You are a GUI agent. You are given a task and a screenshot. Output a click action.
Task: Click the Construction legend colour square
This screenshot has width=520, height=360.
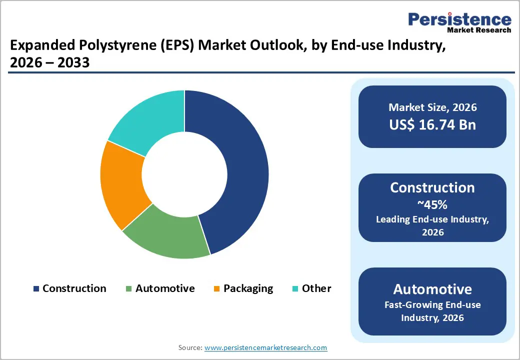click(x=36, y=289)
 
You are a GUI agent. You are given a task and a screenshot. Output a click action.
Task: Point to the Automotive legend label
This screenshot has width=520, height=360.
click(x=165, y=288)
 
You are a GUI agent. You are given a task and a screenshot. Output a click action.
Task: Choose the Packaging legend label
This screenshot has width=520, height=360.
click(x=248, y=288)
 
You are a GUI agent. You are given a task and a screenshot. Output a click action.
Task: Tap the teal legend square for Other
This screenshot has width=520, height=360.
click(x=295, y=289)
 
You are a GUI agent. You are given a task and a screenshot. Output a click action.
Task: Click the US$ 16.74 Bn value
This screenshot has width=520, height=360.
click(x=432, y=124)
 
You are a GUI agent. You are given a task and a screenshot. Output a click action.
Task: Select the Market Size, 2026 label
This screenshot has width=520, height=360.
click(x=432, y=107)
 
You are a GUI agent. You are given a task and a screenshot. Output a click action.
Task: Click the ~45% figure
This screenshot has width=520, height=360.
click(x=432, y=204)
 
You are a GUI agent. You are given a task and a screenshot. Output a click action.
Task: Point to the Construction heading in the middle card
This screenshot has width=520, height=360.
click(x=432, y=187)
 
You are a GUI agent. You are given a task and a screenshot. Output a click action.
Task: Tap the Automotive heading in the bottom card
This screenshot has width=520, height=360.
click(x=432, y=289)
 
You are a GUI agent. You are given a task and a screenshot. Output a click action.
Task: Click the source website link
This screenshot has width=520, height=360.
click(x=266, y=347)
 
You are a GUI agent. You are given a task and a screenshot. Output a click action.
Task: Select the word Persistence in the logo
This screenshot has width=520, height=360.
click(x=460, y=20)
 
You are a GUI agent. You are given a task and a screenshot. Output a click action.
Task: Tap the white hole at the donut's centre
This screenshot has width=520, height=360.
click(x=184, y=174)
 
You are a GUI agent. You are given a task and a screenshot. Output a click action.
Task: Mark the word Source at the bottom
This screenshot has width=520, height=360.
click(x=189, y=347)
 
